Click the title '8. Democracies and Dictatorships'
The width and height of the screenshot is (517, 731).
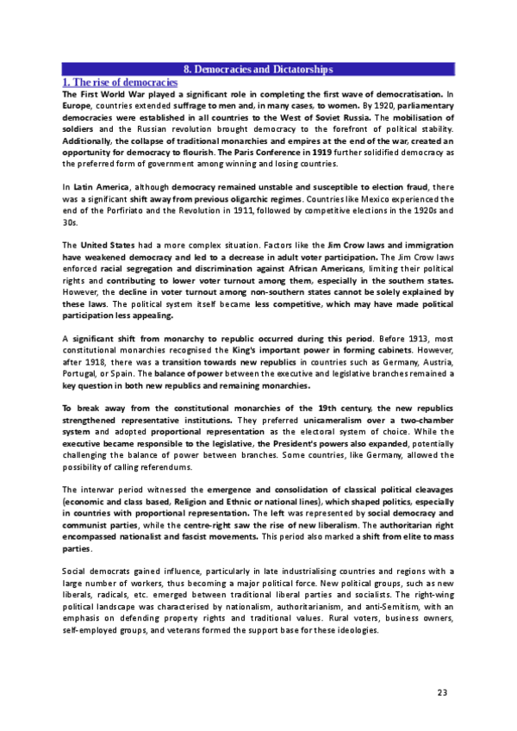tap(258, 68)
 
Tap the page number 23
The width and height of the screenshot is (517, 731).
tap(443, 690)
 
